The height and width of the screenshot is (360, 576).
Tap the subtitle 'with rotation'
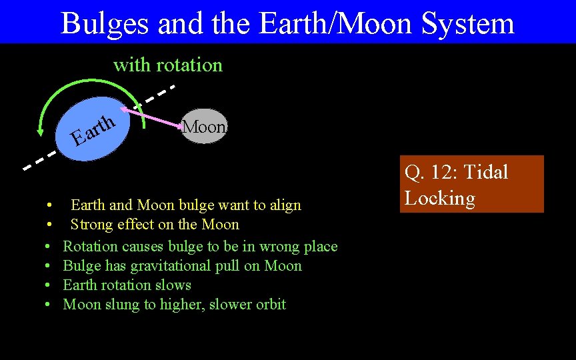(168, 65)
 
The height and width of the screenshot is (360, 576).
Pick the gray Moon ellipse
(205, 126)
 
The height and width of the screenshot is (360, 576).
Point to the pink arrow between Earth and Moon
(151, 116)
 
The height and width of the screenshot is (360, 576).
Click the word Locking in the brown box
(440, 198)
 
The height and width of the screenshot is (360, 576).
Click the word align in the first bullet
(285, 205)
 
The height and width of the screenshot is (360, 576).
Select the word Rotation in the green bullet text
(90, 247)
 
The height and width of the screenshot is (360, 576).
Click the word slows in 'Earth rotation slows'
(173, 285)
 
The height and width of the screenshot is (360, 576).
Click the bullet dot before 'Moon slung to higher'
(49, 305)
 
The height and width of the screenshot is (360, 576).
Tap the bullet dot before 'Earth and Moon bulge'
(49, 205)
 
